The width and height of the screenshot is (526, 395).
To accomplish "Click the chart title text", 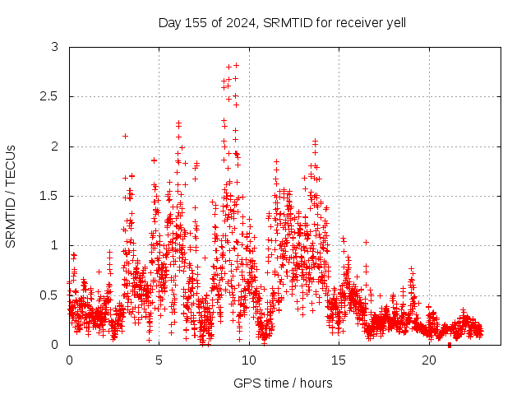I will point(282,22).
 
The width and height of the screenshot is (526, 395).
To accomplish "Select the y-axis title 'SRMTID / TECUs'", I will point(12,196).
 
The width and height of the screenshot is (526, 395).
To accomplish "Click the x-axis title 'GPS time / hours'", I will point(282,383).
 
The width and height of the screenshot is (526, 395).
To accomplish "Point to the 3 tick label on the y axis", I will point(55,48).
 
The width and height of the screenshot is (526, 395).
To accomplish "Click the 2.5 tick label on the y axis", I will point(50,97).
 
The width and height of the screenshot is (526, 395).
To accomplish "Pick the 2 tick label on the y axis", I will point(55,146).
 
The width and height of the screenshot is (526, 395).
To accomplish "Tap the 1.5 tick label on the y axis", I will point(50,196).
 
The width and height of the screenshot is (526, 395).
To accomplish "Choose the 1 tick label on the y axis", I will point(55,245).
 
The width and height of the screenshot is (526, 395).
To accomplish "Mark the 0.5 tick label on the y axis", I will point(50,295).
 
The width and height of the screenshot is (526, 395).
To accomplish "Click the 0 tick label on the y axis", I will point(55,344).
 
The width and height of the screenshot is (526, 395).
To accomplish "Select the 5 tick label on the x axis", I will point(159,360).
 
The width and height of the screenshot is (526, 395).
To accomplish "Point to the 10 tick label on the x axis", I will point(249,360).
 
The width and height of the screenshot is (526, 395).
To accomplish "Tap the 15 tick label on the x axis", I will point(339,360).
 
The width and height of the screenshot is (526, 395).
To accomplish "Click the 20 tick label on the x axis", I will point(429,360).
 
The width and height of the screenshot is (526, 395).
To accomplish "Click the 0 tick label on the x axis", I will point(69,360).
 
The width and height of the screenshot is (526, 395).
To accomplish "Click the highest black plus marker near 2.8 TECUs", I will point(236,65).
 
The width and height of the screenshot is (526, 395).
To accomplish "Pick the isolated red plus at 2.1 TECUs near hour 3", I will point(125,136).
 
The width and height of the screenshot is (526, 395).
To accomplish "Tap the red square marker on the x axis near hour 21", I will point(449,345).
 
